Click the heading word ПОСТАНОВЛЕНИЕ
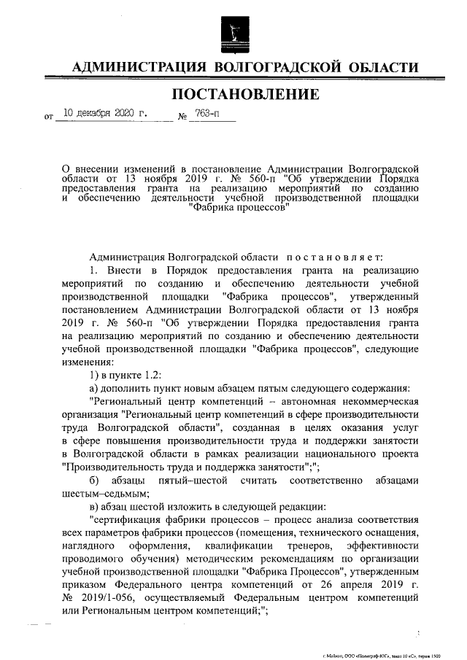(x=245, y=94)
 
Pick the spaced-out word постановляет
(x=333, y=257)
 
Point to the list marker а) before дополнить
(x=94, y=387)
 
